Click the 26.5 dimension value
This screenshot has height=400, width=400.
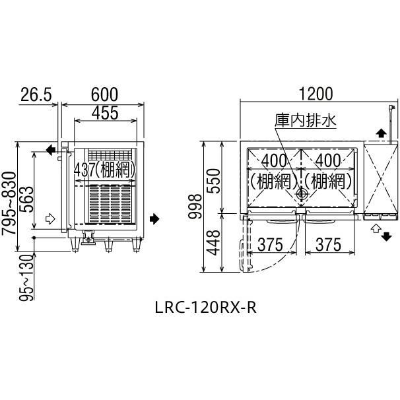[x=36, y=94]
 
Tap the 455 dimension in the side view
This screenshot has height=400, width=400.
[x=105, y=113]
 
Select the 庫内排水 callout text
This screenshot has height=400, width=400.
[x=306, y=121]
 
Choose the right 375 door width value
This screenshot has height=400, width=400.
[x=328, y=245]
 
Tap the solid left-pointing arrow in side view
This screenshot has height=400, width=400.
[x=51, y=150]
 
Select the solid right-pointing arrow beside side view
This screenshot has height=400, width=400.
[x=154, y=218]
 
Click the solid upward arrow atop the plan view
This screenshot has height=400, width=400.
[x=381, y=133]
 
